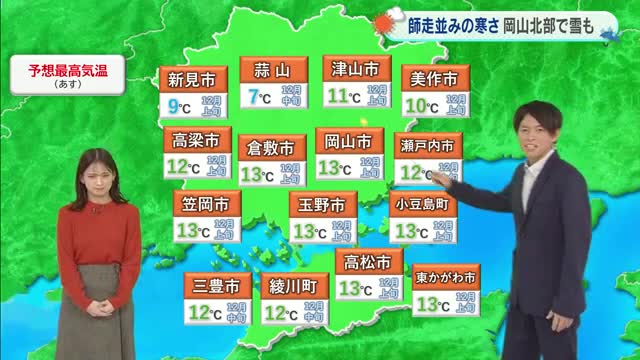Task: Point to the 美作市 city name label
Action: point(435,79)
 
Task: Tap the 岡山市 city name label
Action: point(349,140)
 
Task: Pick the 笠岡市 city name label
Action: point(204,204)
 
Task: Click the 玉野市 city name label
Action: point(323,205)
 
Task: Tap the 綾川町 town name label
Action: point(293,286)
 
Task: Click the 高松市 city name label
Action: point(366,263)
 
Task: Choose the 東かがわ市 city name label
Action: point(446,276)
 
